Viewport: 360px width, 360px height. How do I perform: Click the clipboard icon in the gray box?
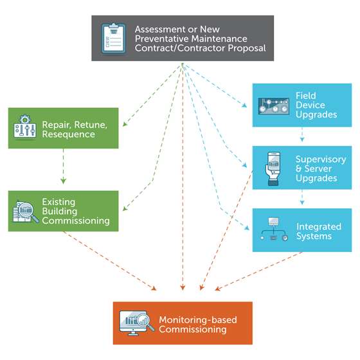point(113,39)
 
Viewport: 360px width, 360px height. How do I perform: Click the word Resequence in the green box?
point(68,134)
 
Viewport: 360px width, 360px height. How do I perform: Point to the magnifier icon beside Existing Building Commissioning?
point(26,212)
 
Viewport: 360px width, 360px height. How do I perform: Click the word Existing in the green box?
point(59,202)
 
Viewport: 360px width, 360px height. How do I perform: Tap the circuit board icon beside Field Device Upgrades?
point(273,106)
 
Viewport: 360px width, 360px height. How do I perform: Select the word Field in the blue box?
point(305,96)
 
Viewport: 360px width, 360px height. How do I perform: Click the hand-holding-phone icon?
point(273,168)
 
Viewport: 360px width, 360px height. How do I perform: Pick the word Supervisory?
point(321,159)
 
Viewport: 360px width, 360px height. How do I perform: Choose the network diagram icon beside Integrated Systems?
point(273,229)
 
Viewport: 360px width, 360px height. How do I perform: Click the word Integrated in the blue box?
point(319,226)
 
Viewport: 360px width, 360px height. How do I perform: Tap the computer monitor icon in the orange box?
point(136,323)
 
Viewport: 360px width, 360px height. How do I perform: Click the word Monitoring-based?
point(198,320)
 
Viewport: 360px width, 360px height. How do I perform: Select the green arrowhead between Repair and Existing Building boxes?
point(64,181)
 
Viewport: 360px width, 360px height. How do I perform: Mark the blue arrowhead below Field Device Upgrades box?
point(302,139)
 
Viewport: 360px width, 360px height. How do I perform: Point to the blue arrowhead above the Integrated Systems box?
point(302,202)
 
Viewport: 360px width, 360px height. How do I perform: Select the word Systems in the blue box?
point(314,237)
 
